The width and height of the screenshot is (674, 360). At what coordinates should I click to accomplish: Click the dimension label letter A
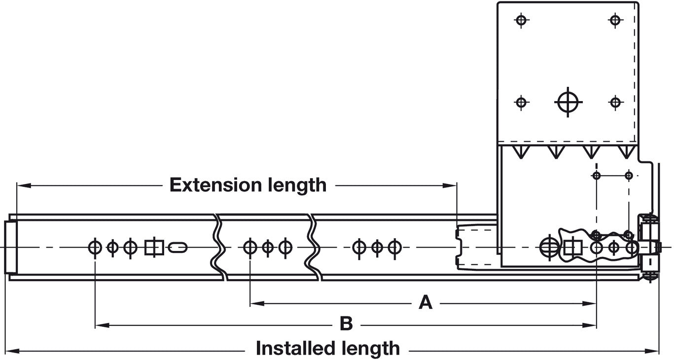(x=426, y=302)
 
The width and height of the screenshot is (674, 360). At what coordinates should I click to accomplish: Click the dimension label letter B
(x=346, y=324)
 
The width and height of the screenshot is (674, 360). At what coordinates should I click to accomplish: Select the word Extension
(x=215, y=185)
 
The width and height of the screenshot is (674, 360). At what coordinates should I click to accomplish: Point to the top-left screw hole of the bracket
(x=522, y=20)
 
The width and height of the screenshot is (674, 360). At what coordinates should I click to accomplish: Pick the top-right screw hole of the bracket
(x=615, y=20)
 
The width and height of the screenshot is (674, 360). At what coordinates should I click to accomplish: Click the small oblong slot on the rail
(x=177, y=247)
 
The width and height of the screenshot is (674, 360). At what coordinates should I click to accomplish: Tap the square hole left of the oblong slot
(x=154, y=247)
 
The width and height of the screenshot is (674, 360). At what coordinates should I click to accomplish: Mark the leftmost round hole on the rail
(x=94, y=247)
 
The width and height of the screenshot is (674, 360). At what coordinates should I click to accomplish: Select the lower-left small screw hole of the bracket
(x=522, y=103)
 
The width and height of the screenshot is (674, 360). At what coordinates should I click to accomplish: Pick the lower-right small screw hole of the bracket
(x=615, y=103)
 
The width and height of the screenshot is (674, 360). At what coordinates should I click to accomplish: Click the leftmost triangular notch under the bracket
(x=519, y=152)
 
